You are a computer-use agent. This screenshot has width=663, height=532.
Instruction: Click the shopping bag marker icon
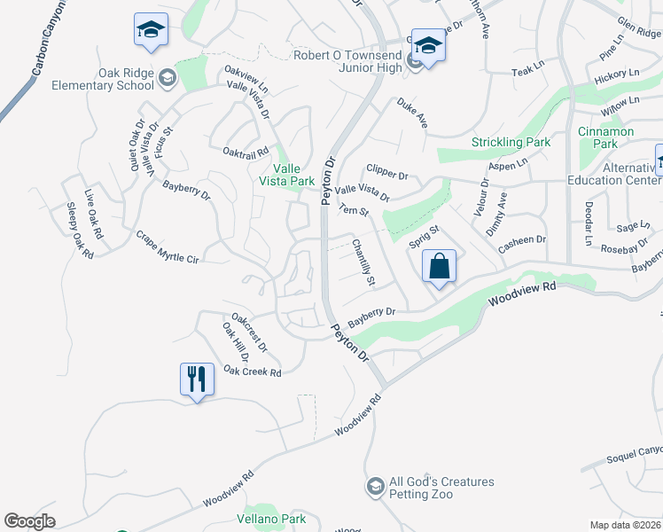coord(440,266)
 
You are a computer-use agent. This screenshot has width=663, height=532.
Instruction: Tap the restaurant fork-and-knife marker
coord(196,379)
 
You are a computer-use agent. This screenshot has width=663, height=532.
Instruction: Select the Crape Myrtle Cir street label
coord(168,246)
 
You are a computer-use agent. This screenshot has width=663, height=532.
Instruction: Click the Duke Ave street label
coord(412,113)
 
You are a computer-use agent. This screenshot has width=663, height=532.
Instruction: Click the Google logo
coord(29,521)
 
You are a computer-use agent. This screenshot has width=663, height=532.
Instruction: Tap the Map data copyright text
coord(626,525)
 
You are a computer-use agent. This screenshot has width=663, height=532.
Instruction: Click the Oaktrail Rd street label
coord(246,153)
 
